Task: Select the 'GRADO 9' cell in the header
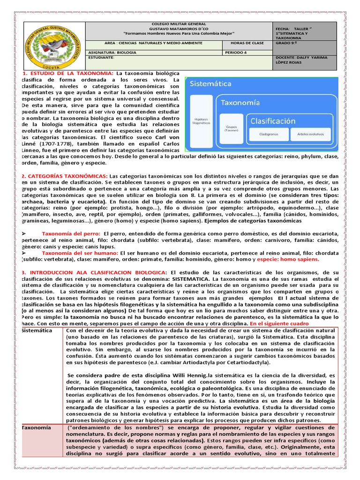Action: [287, 43]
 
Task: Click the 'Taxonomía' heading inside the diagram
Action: [241, 102]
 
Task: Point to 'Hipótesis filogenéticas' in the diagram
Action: [202, 121]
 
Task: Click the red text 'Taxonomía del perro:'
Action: [71, 233]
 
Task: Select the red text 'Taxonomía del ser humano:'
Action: [80, 253]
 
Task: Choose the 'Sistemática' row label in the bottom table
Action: [37, 330]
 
